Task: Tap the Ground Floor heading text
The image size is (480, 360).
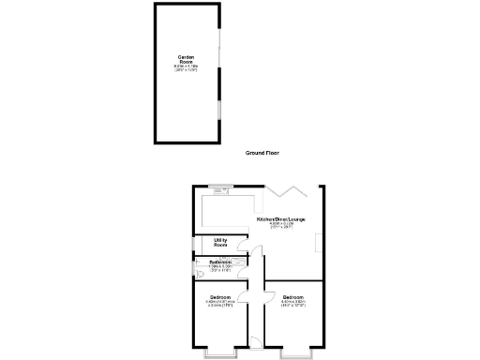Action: pos(262,152)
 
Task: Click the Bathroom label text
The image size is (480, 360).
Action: pos(221,262)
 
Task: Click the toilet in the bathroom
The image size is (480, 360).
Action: pos(201,274)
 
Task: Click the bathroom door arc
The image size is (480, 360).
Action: pos(243,272)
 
